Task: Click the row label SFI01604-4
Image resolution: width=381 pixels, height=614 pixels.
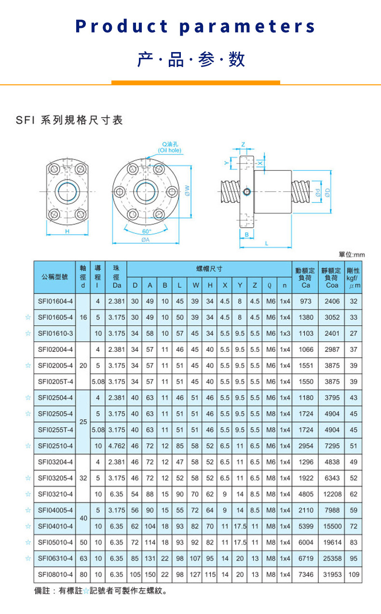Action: tap(55, 302)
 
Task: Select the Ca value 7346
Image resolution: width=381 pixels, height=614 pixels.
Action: tap(306, 574)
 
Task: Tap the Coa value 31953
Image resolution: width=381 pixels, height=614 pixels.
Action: tap(332, 574)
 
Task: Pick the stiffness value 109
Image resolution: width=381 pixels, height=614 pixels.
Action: tap(354, 574)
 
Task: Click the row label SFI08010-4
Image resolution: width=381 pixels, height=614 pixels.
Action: tap(55, 574)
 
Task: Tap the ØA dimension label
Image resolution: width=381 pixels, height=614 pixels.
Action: tap(145, 240)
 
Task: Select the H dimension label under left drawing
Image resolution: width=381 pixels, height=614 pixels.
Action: tap(68, 231)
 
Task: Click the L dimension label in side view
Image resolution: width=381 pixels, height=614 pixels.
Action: tap(266, 243)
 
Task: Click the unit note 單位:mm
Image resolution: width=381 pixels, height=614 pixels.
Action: tap(352, 254)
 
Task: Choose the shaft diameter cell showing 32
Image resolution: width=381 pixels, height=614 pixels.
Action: tap(83, 478)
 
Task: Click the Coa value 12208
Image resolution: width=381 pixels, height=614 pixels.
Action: tap(332, 494)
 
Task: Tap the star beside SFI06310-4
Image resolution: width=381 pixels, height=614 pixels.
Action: tap(28, 558)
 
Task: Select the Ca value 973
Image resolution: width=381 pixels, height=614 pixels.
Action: tap(306, 302)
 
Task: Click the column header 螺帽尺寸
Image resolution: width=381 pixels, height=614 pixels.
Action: tap(209, 268)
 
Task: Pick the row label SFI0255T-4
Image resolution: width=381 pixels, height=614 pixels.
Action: tap(55, 430)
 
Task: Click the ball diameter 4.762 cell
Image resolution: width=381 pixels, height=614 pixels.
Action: tap(116, 446)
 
